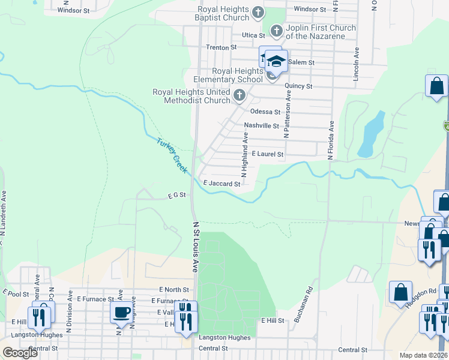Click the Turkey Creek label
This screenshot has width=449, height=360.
(x=173, y=157)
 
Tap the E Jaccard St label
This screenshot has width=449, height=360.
(x=221, y=184)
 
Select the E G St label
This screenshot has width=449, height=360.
(x=177, y=195)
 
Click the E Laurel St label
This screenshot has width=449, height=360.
(x=267, y=154)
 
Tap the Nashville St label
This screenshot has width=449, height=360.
(x=261, y=126)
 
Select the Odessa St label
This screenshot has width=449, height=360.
(x=265, y=112)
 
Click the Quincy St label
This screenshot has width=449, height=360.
(x=298, y=86)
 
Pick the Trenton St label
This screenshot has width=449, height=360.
(x=217, y=47)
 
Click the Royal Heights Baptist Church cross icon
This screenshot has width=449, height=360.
(x=258, y=12)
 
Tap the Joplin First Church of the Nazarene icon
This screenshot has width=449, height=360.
(x=276, y=30)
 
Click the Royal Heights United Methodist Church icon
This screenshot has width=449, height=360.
(x=239, y=95)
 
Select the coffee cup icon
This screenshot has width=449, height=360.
(x=122, y=311)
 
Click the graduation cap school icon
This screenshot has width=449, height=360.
(x=277, y=61)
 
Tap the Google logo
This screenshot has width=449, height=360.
(x=20, y=353)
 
